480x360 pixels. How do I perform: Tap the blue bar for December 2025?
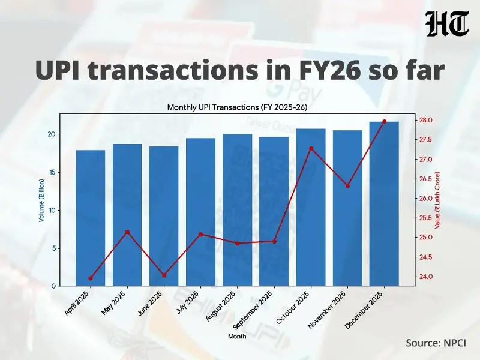pos(384,204)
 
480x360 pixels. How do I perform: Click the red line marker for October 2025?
pos(311,148)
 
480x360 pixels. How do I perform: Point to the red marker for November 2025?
pos(347,186)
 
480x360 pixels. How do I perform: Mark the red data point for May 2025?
pos(127,232)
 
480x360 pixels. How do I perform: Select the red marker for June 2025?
pos(164,275)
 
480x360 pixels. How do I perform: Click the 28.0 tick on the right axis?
pos(427,121)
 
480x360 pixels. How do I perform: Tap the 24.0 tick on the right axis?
pos(427,277)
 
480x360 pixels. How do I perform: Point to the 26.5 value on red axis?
pos(427,179)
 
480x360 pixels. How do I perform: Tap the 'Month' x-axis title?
pos(237,337)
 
